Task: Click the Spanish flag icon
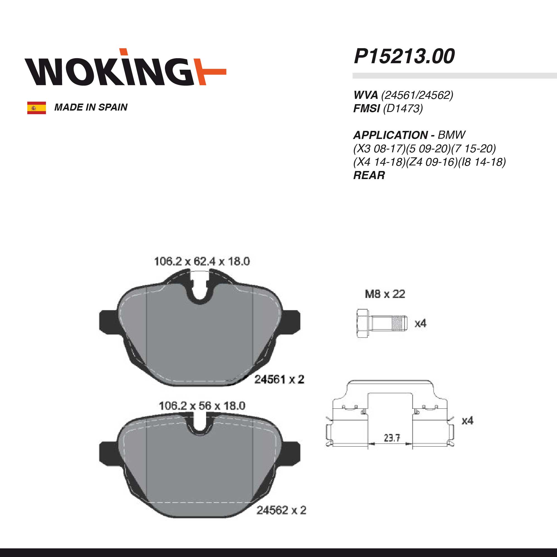(36, 108)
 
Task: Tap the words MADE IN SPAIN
(91, 107)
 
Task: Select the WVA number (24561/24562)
(417, 95)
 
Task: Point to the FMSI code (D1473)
(403, 108)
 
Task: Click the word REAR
(369, 175)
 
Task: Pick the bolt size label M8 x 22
(385, 294)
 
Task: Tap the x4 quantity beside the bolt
(420, 323)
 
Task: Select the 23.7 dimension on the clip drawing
(392, 438)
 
